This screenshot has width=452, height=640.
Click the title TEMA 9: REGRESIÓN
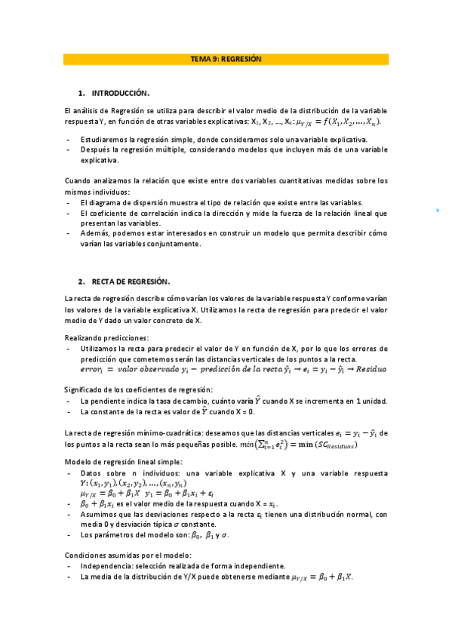(226, 59)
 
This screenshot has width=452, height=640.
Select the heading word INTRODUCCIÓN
(121, 93)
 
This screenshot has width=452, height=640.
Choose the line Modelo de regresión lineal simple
(124, 461)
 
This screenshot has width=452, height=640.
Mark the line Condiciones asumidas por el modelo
(128, 555)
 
